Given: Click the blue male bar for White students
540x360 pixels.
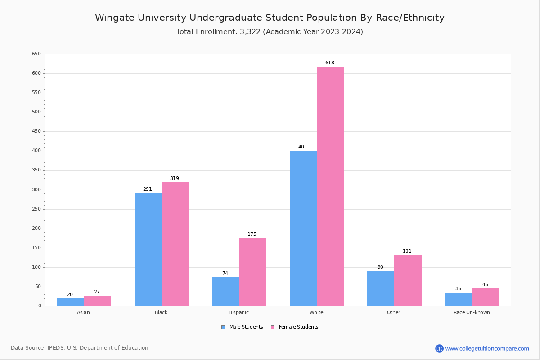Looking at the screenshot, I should point(303,228).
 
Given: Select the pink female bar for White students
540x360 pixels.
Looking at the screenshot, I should point(330,186).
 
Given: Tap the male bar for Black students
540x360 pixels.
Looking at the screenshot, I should point(148,249).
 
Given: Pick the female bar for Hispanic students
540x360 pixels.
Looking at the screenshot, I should point(252,272).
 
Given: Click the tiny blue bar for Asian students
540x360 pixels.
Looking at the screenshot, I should point(70,302).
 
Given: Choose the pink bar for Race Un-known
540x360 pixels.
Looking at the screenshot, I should point(486,297).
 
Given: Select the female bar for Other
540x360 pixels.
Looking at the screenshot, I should point(408,280).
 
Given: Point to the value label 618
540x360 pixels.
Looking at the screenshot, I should point(330,63).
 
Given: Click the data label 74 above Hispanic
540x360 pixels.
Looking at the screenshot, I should point(225,273).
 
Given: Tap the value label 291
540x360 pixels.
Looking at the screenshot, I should point(148,189).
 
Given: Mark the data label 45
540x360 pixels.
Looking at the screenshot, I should point(485,284).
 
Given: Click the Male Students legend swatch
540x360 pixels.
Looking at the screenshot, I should point(223,327).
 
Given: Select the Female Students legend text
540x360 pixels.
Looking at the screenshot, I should point(298,327).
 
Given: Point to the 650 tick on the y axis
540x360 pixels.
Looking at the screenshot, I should point(36,54).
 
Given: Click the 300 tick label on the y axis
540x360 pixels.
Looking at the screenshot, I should point(36,190).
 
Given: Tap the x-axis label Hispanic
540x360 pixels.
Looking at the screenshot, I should point(238,312).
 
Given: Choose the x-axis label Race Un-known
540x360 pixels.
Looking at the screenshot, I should point(472,312).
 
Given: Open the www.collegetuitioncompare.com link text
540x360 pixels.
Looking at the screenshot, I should point(487,348).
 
